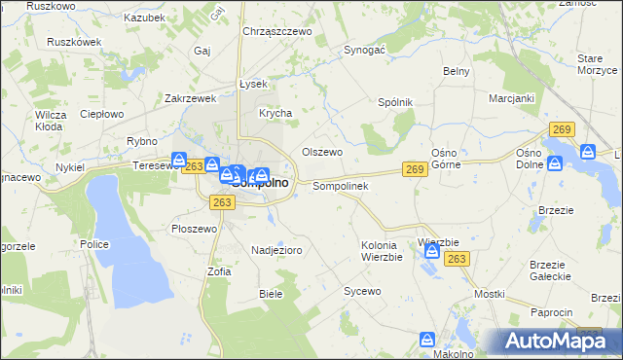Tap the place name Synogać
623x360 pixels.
366,49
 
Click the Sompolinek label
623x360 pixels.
339,185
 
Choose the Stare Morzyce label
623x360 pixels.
596,63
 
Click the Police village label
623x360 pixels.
94,244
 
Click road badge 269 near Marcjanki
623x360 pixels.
560,129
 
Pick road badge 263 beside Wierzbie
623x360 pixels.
458,258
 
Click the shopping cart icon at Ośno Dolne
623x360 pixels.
588,152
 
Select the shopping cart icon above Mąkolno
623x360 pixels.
427,340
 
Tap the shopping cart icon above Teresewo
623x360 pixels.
179,160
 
